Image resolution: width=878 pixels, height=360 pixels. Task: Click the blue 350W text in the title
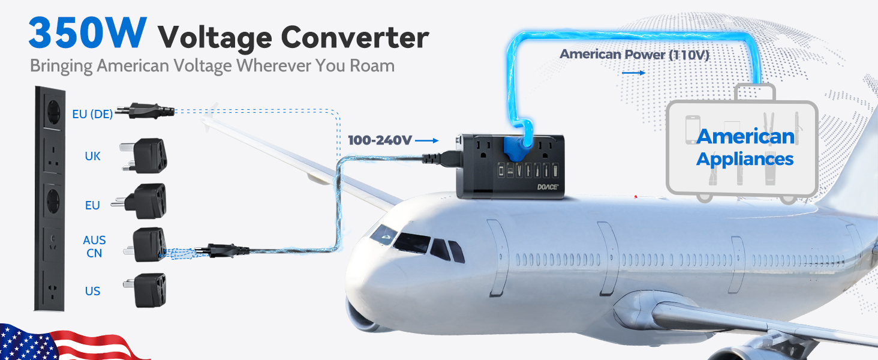(88, 32)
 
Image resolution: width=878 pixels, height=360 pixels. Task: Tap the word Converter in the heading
(355, 38)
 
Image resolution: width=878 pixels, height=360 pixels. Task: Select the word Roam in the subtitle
(372, 65)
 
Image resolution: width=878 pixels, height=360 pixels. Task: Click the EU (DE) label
(92, 114)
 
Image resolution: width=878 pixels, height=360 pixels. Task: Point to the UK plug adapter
(145, 155)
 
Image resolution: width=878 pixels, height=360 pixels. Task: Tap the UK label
(92, 156)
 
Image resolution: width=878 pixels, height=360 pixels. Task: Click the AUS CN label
(94, 246)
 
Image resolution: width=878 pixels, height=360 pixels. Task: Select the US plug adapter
(145, 290)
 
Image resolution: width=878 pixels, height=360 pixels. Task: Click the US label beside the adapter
(92, 291)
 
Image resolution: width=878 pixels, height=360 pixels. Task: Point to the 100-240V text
(380, 140)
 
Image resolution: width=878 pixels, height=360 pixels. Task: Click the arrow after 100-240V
(427, 140)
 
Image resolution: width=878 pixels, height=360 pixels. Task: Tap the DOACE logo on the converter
(548, 187)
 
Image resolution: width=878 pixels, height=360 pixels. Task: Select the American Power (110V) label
(634, 54)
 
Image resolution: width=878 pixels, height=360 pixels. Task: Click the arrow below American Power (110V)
(633, 73)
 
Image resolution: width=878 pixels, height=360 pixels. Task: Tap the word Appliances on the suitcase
(745, 160)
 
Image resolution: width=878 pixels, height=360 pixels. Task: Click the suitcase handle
(755, 91)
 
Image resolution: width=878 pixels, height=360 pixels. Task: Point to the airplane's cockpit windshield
(411, 242)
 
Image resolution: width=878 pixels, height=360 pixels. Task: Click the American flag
(71, 342)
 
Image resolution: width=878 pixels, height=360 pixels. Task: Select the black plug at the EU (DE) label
(145, 110)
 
